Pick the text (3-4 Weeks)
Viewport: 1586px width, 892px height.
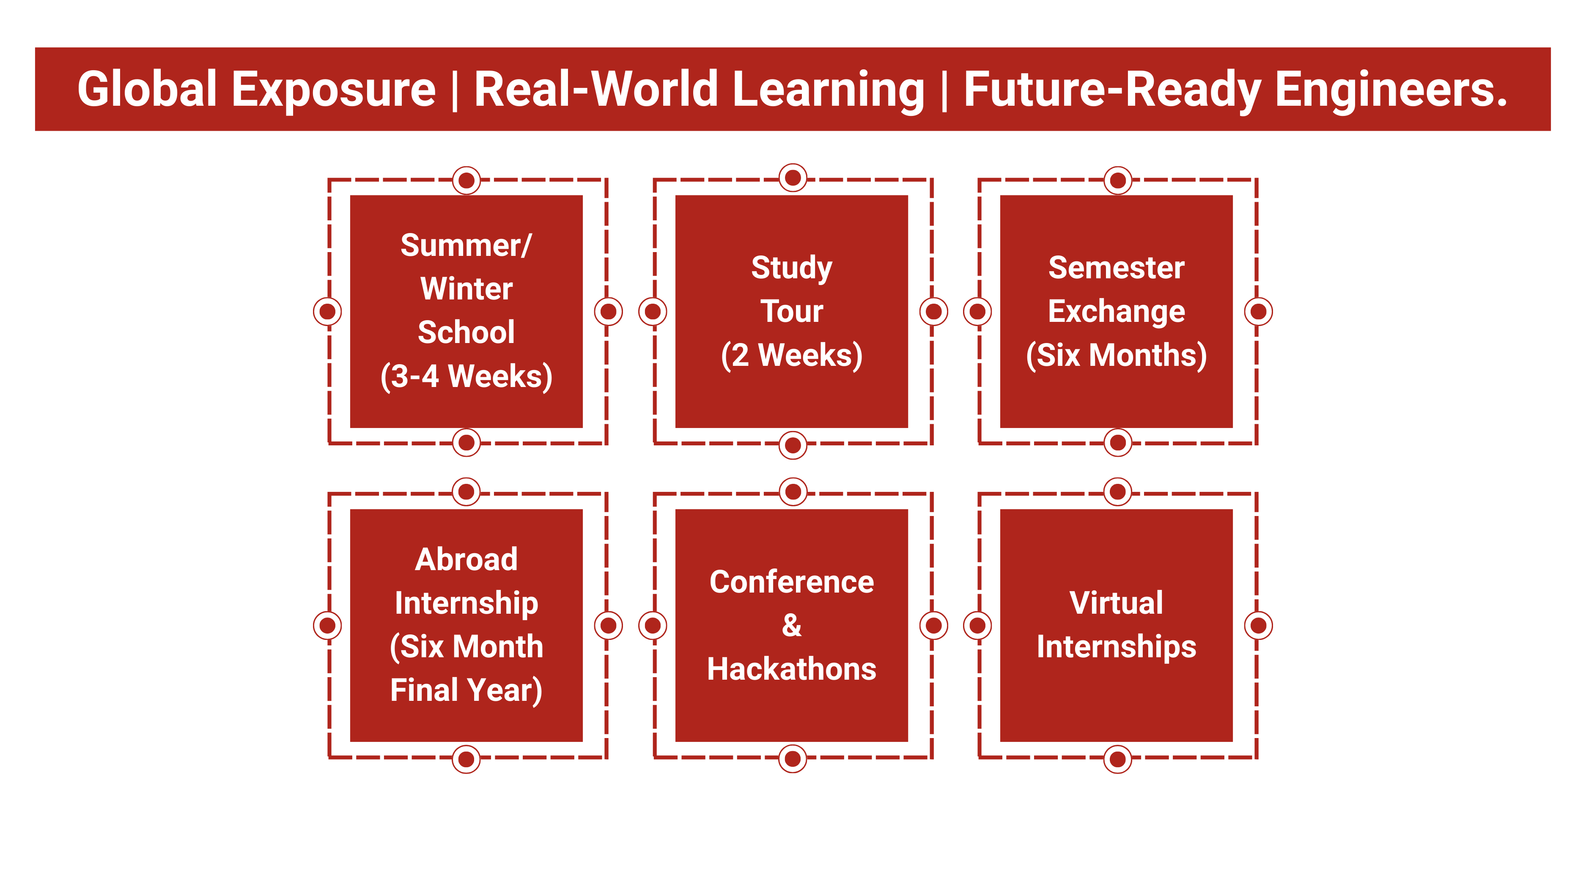tap(466, 376)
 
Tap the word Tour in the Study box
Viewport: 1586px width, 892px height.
tap(792, 311)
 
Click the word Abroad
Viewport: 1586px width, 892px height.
tap(466, 559)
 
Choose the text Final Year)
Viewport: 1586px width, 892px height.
tap(466, 690)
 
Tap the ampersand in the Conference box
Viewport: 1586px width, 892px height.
tap(792, 626)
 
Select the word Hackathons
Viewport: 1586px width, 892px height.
tap(792, 669)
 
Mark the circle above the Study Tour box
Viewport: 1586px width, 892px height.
tap(793, 178)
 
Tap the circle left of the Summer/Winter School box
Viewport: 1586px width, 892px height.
tap(327, 311)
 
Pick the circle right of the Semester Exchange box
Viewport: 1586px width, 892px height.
tap(1259, 311)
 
